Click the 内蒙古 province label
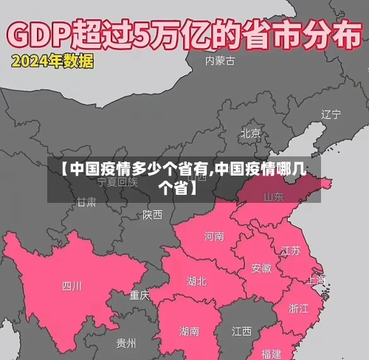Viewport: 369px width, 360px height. click(x=221, y=61)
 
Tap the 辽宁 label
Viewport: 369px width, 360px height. click(x=331, y=114)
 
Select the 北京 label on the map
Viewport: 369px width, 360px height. click(x=250, y=134)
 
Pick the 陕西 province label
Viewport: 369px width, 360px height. click(x=153, y=215)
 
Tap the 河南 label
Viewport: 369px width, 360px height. click(x=214, y=236)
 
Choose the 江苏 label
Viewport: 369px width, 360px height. click(x=291, y=250)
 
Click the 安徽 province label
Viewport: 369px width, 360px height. click(x=261, y=268)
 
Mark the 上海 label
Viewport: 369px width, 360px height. click(x=317, y=280)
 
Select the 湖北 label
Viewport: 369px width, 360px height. click(x=197, y=281)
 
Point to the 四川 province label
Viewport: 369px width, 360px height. click(x=72, y=285)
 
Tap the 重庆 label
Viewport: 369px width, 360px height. click(x=139, y=295)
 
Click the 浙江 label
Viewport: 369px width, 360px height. click(x=299, y=308)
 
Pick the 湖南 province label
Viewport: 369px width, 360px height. click(x=189, y=331)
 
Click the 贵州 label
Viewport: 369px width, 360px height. click(x=126, y=343)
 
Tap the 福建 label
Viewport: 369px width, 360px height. click(x=271, y=353)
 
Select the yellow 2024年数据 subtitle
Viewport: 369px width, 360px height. click(x=52, y=62)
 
